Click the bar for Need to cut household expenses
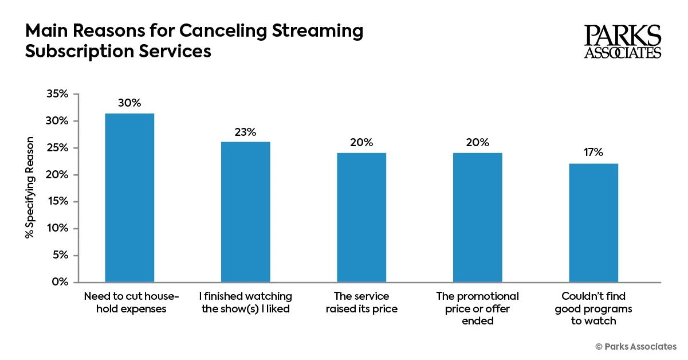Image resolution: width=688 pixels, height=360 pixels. [x=129, y=198]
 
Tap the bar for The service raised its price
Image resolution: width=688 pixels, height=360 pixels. [x=361, y=217]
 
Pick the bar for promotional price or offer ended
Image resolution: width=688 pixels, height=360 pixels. [x=477, y=217]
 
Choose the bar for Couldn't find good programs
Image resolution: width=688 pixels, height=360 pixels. [x=593, y=223]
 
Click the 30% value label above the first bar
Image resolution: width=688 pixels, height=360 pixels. [x=129, y=103]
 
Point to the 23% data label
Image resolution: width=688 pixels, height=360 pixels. [x=245, y=131]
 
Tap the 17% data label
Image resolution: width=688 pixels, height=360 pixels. [x=593, y=152]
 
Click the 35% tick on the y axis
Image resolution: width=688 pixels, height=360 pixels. [x=57, y=94]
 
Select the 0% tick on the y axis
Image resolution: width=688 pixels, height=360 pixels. [x=60, y=282]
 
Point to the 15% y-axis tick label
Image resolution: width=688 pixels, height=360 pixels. [x=58, y=201]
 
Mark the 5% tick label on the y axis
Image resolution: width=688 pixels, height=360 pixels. [x=60, y=255]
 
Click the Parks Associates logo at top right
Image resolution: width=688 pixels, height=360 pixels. [x=623, y=41]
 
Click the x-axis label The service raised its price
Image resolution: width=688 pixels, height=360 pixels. [x=361, y=303]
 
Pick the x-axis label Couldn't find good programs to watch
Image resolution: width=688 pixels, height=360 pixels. [x=593, y=308]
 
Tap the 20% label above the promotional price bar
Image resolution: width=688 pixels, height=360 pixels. [x=477, y=143]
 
